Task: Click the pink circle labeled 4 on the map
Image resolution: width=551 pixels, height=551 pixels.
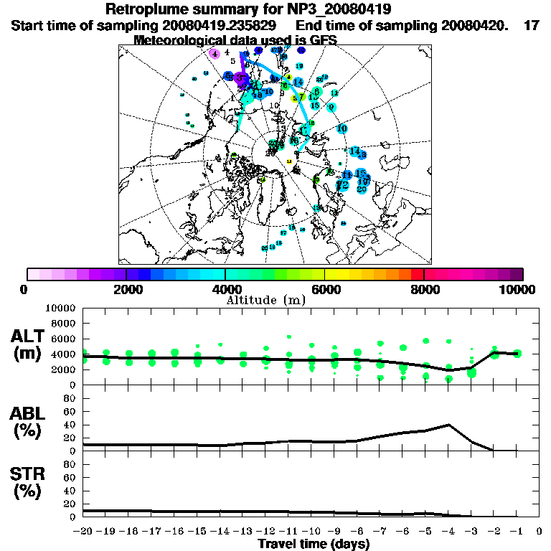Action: tap(215, 54)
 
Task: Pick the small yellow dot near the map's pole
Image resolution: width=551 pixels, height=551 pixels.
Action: tap(289, 161)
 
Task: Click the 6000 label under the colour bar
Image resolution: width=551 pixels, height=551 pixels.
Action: tap(325, 289)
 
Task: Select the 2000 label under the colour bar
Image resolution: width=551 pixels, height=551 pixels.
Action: tap(126, 289)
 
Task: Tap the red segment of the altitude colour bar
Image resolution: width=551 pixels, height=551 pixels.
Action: tap(418, 274)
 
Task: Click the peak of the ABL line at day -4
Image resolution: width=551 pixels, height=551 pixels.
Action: tap(448, 425)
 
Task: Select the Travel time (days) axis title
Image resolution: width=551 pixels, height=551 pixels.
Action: tap(314, 545)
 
